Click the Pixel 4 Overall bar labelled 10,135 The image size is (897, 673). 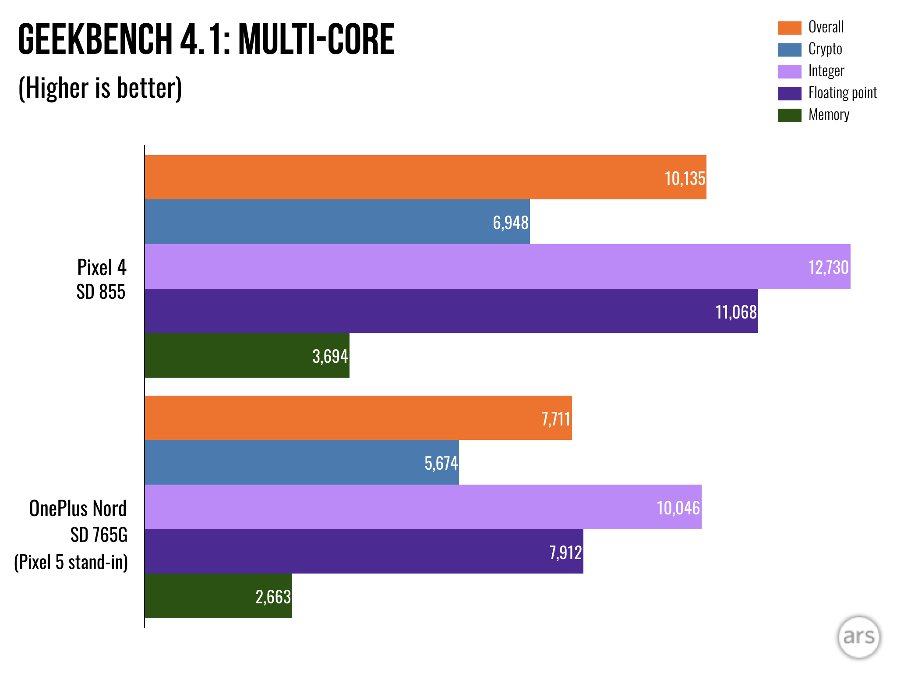(x=425, y=177)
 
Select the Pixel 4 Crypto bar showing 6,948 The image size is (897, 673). (x=337, y=222)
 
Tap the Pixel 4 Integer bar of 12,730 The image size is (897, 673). (x=497, y=266)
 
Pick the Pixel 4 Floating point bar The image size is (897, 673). (x=451, y=311)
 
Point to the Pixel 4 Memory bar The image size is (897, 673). (x=247, y=355)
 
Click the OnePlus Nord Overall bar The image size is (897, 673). (x=358, y=418)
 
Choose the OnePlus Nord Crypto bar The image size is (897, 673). (x=302, y=462)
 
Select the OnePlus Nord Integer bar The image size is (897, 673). (x=423, y=507)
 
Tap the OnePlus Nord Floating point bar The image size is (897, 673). (x=364, y=551)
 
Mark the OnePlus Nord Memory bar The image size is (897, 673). (x=218, y=596)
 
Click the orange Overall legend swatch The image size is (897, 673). (x=789, y=28)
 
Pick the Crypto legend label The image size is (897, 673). (x=825, y=49)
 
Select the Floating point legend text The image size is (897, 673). (x=842, y=93)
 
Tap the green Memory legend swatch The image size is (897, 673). (x=789, y=115)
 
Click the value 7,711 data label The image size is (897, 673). (x=555, y=419)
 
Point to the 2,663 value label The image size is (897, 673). (x=273, y=597)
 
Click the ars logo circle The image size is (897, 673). (x=858, y=637)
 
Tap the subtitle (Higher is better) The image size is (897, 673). (x=100, y=88)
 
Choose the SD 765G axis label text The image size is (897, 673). (x=99, y=535)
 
